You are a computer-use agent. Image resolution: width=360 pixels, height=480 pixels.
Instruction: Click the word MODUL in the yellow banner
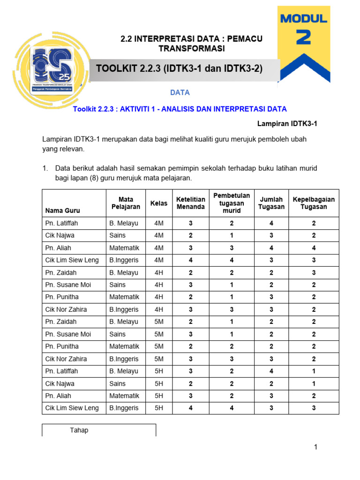pos(303,19)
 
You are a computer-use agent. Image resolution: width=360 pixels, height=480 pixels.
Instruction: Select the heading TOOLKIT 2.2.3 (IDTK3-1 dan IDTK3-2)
pos(179,69)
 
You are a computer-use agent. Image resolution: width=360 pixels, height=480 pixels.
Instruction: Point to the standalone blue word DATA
pos(180,93)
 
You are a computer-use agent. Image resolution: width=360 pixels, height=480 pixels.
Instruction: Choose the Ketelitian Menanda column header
pos(190,203)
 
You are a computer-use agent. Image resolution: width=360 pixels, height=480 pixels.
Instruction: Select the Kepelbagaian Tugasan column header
pos(314,203)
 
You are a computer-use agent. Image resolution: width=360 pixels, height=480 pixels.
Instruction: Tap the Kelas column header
pos(158,203)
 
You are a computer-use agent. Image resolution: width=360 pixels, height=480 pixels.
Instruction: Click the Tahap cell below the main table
pos(79,430)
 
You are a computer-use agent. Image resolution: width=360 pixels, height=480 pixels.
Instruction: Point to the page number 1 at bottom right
pos(316,447)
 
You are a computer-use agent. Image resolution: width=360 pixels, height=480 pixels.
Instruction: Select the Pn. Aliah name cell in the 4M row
pos(58,247)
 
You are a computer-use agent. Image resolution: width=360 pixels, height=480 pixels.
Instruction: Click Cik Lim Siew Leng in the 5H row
pos(72,408)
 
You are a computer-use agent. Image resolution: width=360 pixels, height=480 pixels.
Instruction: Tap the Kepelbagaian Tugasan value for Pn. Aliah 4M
pos(314,247)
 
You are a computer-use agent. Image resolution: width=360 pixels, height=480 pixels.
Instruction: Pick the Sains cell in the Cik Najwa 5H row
pos(117,383)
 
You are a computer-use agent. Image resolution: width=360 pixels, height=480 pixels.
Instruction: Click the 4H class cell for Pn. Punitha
pos(158,297)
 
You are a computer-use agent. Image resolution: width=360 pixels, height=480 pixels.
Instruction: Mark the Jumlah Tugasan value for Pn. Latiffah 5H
pos(271,371)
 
